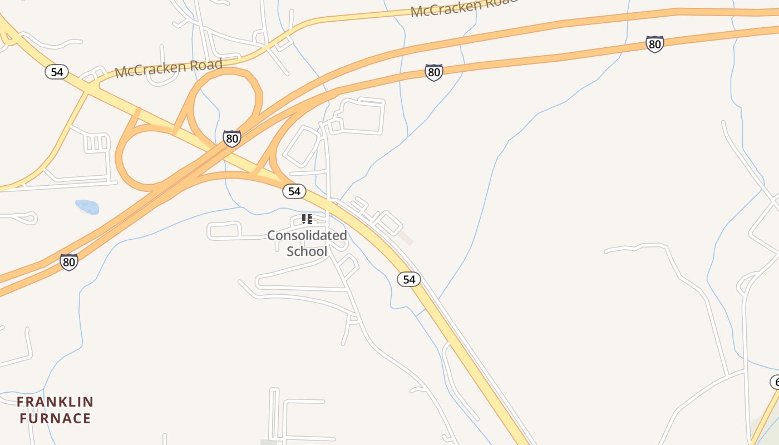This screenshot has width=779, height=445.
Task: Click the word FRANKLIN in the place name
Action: [x=55, y=402]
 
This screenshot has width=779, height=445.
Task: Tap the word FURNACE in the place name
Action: [x=55, y=418]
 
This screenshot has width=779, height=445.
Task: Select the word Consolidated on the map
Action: [x=307, y=235]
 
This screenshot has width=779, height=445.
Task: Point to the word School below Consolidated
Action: [x=307, y=251]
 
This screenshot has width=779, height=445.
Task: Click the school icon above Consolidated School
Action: [x=307, y=219]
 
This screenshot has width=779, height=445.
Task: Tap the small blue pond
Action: [x=87, y=207]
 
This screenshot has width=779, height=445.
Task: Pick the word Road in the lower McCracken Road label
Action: [x=209, y=64]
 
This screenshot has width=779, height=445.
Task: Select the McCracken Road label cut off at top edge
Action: [x=464, y=7]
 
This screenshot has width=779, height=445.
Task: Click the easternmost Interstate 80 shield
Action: [x=655, y=44]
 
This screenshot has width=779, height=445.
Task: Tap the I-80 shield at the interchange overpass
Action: [x=232, y=138]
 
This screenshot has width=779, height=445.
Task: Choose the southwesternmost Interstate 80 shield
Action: [x=69, y=261]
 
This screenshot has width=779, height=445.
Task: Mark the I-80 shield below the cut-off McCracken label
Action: [x=434, y=72]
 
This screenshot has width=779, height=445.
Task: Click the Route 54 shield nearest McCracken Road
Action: [x=57, y=72]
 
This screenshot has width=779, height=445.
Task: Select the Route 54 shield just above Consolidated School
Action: [x=294, y=191]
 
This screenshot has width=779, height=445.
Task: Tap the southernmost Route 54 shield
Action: [x=409, y=279]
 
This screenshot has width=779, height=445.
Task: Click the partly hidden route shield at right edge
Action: [x=775, y=382]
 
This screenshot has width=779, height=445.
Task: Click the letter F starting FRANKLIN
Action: [x=21, y=402]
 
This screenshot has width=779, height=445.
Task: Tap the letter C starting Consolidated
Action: [x=271, y=235]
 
